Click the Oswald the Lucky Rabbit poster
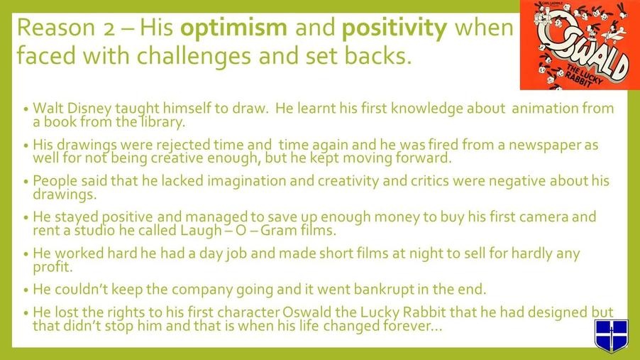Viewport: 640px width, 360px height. (580, 45)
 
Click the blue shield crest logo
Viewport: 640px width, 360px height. (611, 335)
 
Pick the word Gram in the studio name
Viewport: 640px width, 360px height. (279, 231)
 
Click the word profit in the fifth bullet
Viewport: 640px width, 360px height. (53, 267)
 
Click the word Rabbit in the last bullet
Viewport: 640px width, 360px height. (424, 312)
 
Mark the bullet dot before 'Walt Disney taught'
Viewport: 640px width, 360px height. (26, 109)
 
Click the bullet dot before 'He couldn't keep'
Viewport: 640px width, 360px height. (26, 290)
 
